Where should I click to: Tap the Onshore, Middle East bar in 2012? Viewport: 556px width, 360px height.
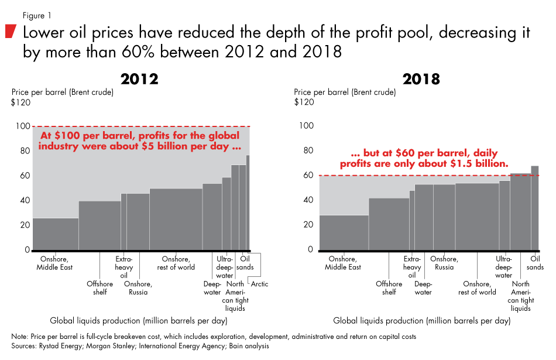56,234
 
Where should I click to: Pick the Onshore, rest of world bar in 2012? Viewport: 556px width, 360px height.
176,220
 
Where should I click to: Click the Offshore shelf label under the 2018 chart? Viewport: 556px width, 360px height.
389,288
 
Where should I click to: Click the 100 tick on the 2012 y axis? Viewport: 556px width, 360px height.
21,126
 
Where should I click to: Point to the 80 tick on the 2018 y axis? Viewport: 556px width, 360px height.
306,150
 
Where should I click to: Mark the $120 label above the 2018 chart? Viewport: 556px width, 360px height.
304,102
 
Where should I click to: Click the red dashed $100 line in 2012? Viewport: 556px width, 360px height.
140,126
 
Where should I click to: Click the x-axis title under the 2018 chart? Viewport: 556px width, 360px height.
421,321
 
